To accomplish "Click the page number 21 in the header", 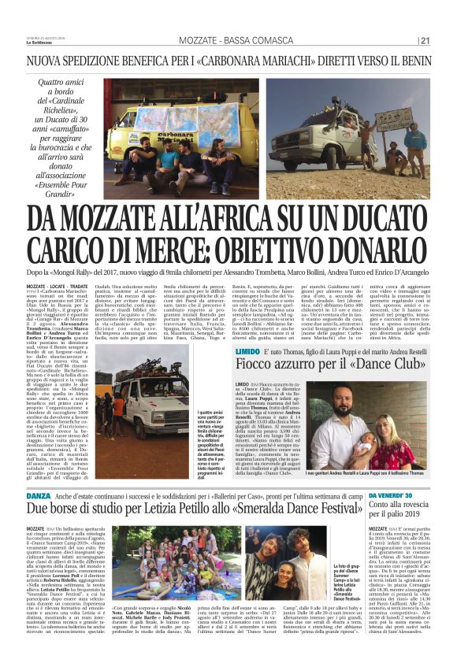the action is (x=425, y=41).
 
